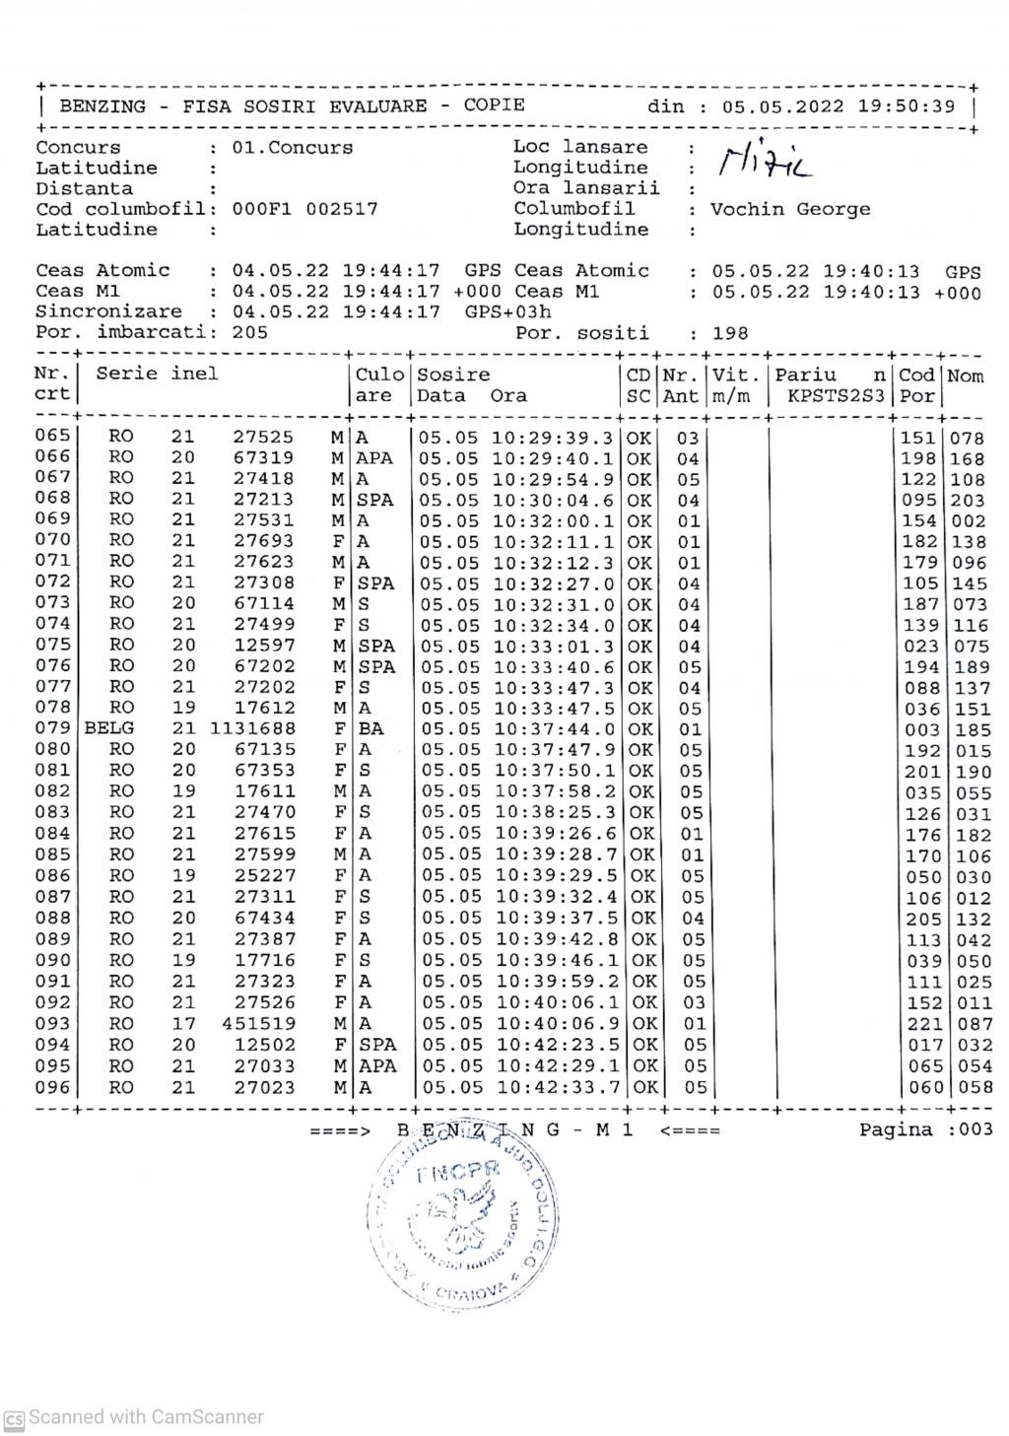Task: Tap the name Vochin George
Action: point(790,209)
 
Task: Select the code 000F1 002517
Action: point(304,209)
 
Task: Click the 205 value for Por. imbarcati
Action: point(250,332)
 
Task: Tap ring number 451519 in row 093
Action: point(258,1024)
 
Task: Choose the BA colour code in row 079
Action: point(371,729)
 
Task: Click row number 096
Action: point(53,1087)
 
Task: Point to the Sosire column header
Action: point(453,375)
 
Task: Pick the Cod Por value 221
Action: point(919,1025)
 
